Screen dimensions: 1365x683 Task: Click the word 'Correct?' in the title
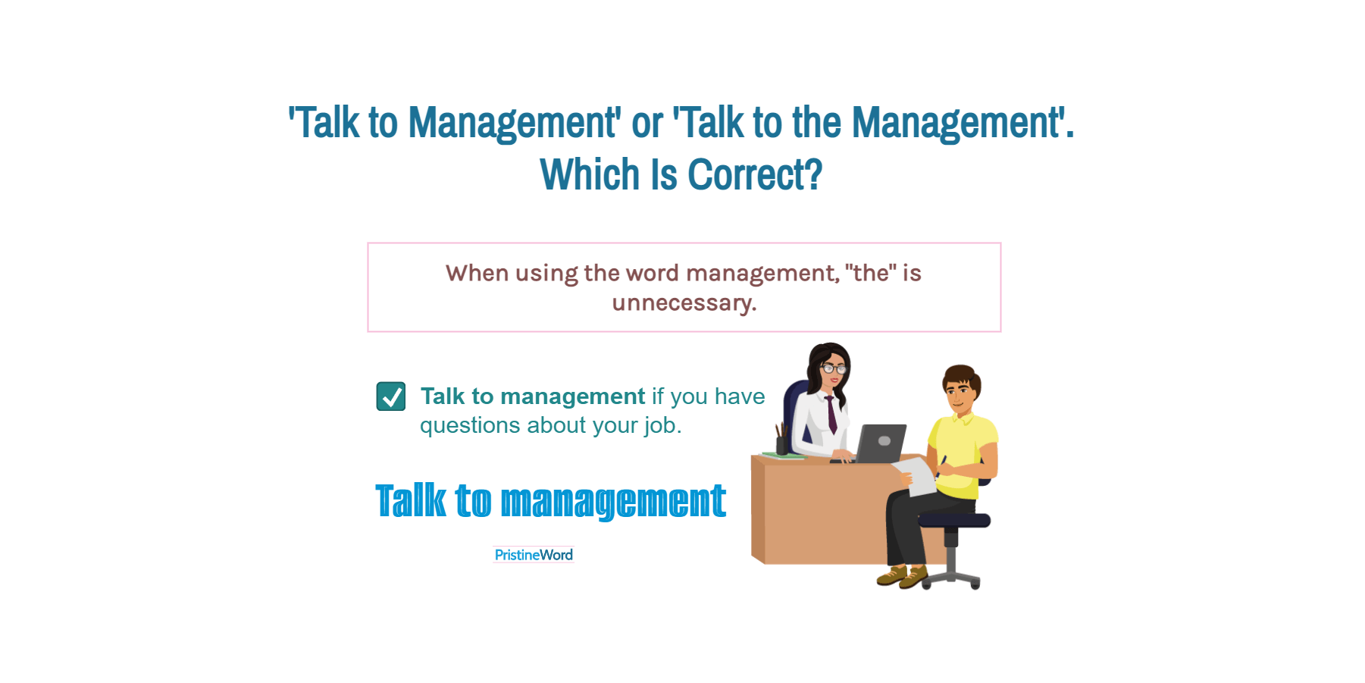pyautogui.click(x=755, y=175)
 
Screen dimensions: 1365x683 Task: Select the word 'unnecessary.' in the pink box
pyautogui.click(x=684, y=303)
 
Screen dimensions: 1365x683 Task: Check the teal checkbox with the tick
pyautogui.click(x=391, y=396)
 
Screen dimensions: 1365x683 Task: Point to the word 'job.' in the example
pyautogui.click(x=663, y=426)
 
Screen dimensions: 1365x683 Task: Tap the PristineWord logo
pyautogui.click(x=534, y=555)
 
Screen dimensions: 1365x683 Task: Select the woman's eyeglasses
pyautogui.click(x=834, y=369)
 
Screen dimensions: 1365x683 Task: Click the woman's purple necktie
pyautogui.click(x=831, y=414)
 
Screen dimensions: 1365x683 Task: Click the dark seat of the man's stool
pyautogui.click(x=954, y=520)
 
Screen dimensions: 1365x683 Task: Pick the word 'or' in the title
pyautogui.click(x=647, y=123)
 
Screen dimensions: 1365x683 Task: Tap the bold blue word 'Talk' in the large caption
pyautogui.click(x=412, y=501)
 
